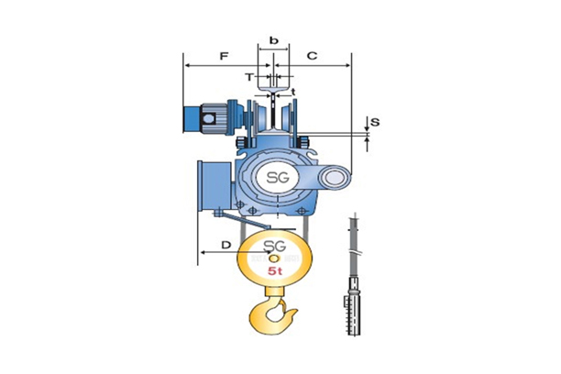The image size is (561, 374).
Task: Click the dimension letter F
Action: point(223,56)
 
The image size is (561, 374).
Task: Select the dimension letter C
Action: point(312,56)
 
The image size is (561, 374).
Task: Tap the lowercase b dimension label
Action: point(273,41)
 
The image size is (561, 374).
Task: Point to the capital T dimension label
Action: point(249,77)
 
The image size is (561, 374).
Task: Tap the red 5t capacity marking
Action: point(274,272)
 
